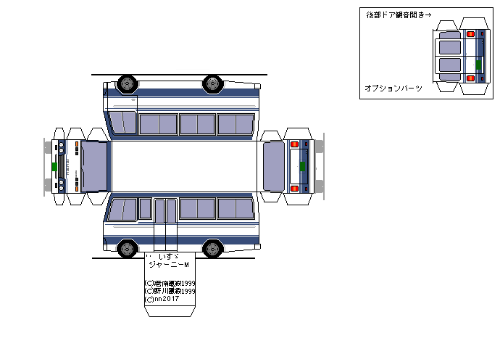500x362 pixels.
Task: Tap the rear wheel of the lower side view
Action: tap(212, 249)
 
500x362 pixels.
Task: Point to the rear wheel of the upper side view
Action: tap(212, 83)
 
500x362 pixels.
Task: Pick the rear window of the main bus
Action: tap(274, 165)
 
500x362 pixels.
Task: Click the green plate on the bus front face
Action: tap(54, 165)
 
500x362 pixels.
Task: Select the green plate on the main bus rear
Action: tap(302, 166)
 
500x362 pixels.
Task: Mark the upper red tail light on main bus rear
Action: tap(294, 144)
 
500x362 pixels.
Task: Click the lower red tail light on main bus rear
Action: tap(294, 188)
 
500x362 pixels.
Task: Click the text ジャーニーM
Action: tap(167, 265)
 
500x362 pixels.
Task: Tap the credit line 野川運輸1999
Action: tap(170, 291)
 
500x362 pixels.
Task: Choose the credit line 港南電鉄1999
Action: tap(170, 283)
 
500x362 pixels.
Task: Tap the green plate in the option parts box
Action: tap(478, 65)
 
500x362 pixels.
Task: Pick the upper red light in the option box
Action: tap(470, 33)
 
